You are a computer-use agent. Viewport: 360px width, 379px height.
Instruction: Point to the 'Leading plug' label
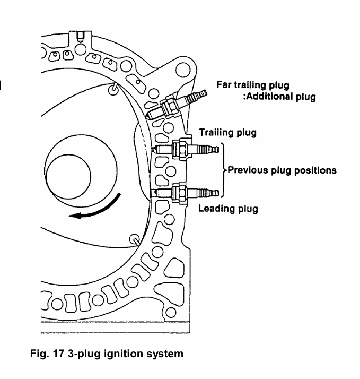click(x=228, y=209)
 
